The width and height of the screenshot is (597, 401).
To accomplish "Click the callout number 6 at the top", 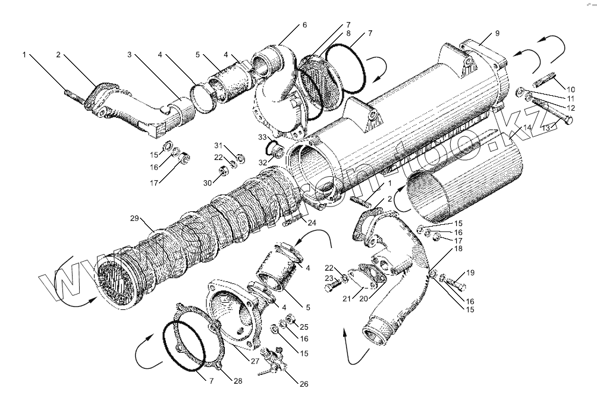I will (x=304, y=25).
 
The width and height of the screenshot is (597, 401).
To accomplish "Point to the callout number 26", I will (x=304, y=384).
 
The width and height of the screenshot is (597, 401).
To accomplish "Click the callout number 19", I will (x=470, y=273).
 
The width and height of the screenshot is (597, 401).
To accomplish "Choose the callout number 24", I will (x=312, y=223).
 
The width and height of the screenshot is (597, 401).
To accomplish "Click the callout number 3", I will (x=129, y=55).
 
